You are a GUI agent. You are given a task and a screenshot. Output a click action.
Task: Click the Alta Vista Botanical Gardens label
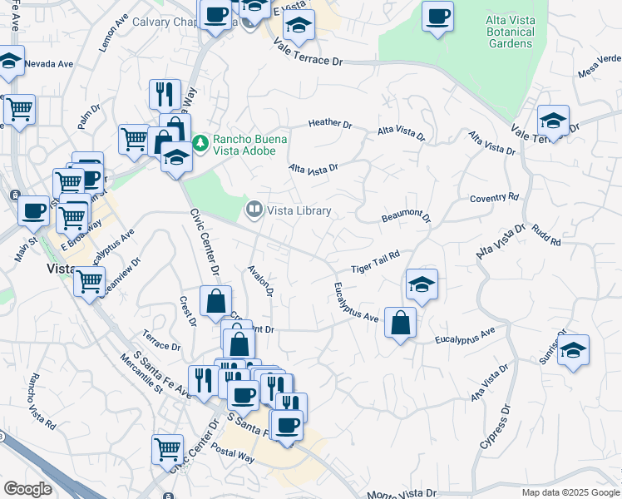pyautogui.click(x=510, y=31)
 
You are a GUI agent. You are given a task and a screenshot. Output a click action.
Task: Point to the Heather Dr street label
pyautogui.click(x=330, y=123)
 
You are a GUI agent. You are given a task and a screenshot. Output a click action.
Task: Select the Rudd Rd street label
pyautogui.click(x=545, y=235)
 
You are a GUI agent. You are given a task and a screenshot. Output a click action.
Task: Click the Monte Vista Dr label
pyautogui.click(x=401, y=493)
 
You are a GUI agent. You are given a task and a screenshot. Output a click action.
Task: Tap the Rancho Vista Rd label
pyautogui.click(x=42, y=402)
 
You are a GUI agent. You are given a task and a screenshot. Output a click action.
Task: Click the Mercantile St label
pyautogui.click(x=141, y=373)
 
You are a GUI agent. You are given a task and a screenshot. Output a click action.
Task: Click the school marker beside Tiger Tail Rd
pyautogui.click(x=422, y=284)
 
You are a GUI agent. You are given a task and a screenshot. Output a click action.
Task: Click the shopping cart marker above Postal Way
pyautogui.click(x=167, y=449)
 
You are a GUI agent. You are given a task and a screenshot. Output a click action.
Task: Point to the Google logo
pyautogui.click(x=28, y=489)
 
